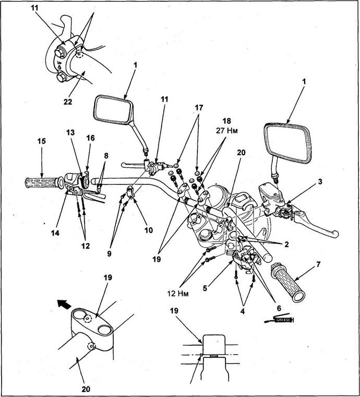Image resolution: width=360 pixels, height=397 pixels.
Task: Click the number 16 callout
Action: [91, 137]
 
